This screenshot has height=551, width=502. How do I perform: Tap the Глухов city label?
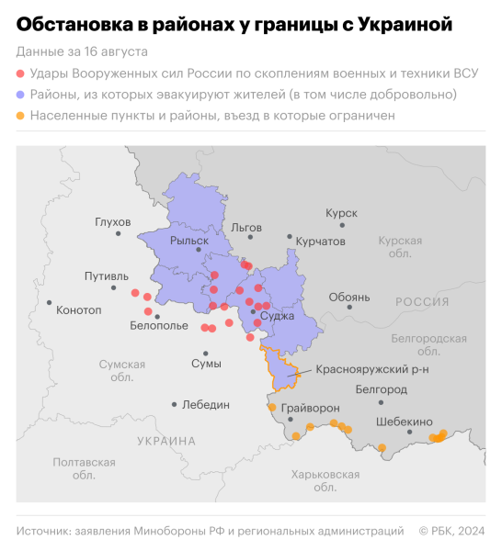pos(112,221)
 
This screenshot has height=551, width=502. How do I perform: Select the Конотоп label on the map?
pos(79,309)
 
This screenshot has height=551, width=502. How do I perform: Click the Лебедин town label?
pos(208,404)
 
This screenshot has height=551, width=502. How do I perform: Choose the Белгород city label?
pos(381,389)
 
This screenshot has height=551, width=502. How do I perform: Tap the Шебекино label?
pos(404,422)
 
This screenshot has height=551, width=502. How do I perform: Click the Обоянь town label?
pos(348,297)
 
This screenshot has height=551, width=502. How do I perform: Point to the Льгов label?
pos(247,226)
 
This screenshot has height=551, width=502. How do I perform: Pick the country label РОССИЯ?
pos(422,301)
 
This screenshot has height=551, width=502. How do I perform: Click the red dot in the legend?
pos(21,73)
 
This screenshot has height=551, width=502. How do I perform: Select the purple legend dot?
pos(21,95)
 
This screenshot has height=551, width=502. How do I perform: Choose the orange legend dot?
pos(21,116)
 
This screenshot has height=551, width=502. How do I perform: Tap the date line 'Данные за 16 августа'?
pos(82,51)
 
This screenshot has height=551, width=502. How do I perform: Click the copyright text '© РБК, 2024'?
pos(451,530)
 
